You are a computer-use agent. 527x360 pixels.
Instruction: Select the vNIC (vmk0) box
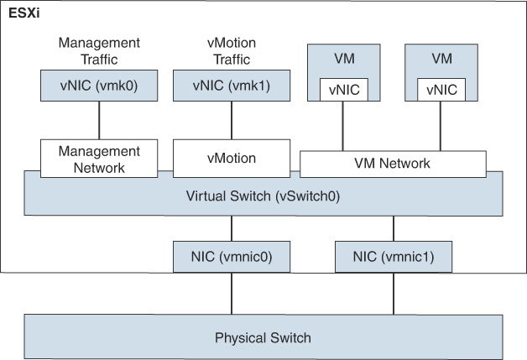pos(100,86)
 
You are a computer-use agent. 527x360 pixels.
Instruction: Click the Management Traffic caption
pos(100,50)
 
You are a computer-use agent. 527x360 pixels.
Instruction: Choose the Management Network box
pos(100,159)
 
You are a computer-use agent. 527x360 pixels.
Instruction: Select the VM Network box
pos(393,164)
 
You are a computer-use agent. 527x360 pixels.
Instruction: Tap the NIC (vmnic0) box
pos(232,256)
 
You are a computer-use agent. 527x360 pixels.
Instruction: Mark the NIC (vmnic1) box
pos(393,256)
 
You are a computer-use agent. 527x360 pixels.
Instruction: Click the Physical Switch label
pos(263,338)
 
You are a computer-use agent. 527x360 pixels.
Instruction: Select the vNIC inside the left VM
pos(342,90)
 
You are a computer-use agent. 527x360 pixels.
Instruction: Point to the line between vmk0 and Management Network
pos(100,120)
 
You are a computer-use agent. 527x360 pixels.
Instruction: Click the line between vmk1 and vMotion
pos(232,120)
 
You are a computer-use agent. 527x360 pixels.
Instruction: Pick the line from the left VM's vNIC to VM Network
pos(342,126)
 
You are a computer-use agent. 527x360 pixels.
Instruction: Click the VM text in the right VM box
pos(441,60)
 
